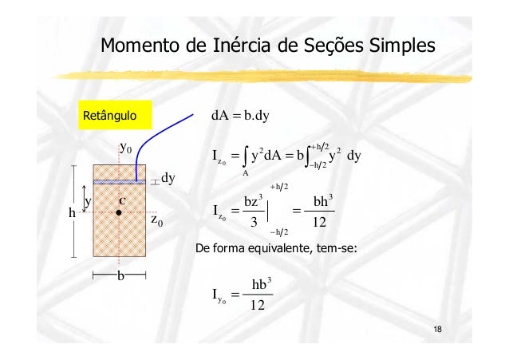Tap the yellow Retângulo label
tap(109, 117)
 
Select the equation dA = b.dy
tap(240, 117)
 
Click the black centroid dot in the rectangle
tap(118, 213)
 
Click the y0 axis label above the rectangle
tap(125, 148)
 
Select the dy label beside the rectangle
tap(168, 178)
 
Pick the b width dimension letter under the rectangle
tap(120, 275)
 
